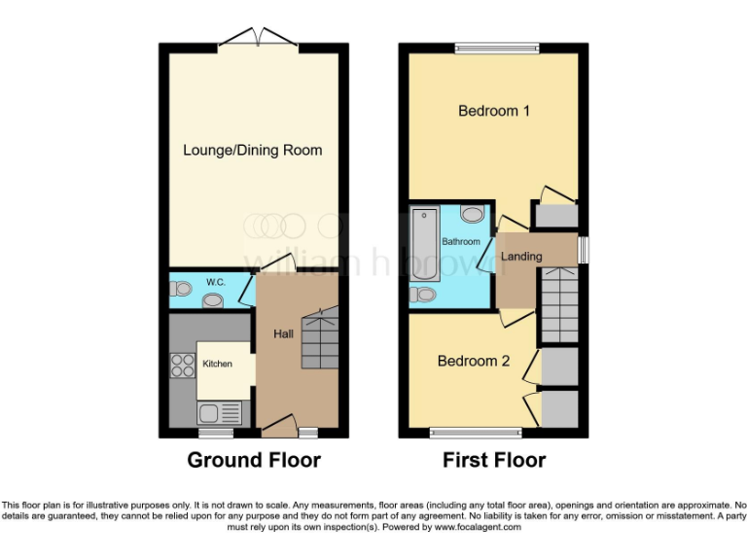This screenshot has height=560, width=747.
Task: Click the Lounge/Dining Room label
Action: pos(253,150)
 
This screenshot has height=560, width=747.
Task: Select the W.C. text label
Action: pos(215,282)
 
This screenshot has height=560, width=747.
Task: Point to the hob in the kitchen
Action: pos(182,366)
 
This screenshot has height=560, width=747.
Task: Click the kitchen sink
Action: pos(208,412)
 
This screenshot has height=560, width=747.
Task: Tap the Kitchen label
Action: pos(217,364)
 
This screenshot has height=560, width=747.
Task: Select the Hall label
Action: pos(283,333)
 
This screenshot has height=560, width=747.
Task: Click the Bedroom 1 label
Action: pos(493,111)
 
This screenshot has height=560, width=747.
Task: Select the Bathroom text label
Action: pos(461,241)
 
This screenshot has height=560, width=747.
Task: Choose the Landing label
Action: pos(521,257)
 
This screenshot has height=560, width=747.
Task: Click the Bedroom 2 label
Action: pos(474,361)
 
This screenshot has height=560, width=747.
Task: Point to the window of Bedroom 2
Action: pos(476,433)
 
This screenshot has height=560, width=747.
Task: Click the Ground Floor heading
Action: pos(254,460)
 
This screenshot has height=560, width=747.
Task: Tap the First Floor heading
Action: pos(494,460)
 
